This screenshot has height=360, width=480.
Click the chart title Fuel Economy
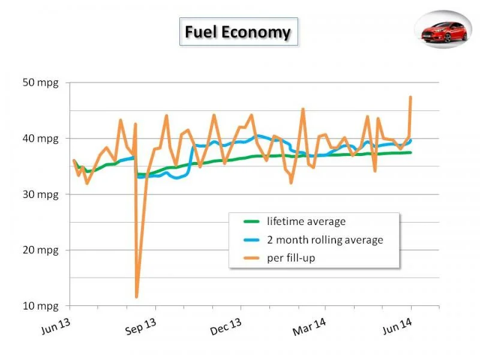click(x=238, y=32)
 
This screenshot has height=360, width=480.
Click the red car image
click(x=443, y=30)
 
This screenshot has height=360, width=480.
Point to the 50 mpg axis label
click(x=40, y=83)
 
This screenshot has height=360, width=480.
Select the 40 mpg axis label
click(x=40, y=139)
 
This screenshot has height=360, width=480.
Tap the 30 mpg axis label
click(x=40, y=194)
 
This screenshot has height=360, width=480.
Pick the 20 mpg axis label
click(x=40, y=250)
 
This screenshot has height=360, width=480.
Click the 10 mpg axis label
click(x=40, y=306)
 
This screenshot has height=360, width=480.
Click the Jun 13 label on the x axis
click(x=56, y=326)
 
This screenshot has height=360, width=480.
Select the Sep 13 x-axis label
click(x=141, y=327)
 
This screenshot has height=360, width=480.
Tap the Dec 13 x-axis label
click(x=226, y=327)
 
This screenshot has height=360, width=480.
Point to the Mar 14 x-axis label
click(x=310, y=327)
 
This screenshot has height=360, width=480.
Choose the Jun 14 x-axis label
click(x=397, y=326)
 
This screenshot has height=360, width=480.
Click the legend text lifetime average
click(x=306, y=221)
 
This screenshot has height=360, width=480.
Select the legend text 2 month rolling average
click(x=325, y=239)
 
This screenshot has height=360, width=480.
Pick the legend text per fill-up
click(x=291, y=258)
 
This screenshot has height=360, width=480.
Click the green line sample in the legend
click(x=251, y=221)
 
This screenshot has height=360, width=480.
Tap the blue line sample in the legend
click(x=251, y=240)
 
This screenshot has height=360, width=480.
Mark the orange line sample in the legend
click(x=251, y=258)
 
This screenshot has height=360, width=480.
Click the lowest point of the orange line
click(x=136, y=296)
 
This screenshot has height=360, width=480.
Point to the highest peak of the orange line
click(x=410, y=97)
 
